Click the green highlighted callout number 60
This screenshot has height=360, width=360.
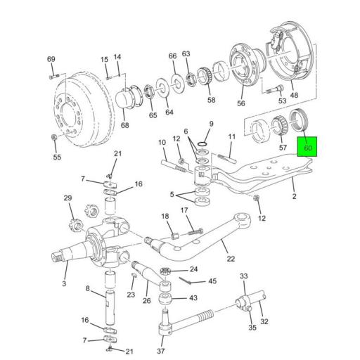click(307, 149)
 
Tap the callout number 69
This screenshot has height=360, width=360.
click(51, 58)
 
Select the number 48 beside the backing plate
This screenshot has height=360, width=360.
click(293, 96)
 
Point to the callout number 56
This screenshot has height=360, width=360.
click(240, 103)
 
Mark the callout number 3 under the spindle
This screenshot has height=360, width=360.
click(63, 283)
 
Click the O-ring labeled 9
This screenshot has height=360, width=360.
click(201, 146)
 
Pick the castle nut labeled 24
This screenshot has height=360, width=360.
click(167, 271)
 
